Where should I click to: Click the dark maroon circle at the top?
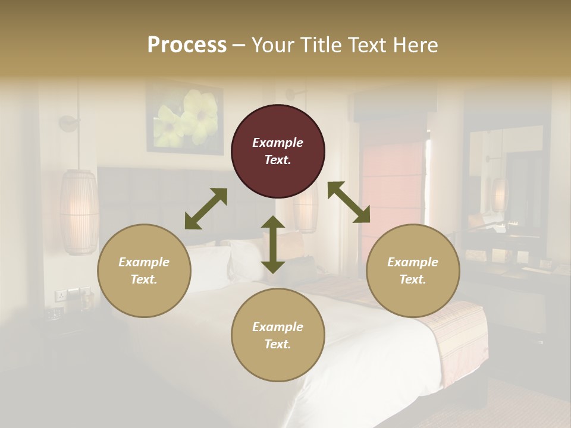pos(278,151)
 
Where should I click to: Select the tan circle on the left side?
pos(144,270)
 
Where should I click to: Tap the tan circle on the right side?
pos(413,270)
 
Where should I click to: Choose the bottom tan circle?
pos(278,335)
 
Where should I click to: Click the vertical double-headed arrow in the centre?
pos(273,244)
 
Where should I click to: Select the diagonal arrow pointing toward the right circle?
pos(349,202)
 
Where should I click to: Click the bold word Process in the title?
pos(187,45)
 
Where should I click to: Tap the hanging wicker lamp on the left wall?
pos(79,212)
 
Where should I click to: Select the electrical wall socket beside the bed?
pos(61,295)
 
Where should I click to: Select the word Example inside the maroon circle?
pos(278,143)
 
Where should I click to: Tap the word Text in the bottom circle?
pos(277,344)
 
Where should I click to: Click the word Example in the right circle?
pos(413,262)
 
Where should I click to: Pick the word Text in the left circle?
pos(143,279)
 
